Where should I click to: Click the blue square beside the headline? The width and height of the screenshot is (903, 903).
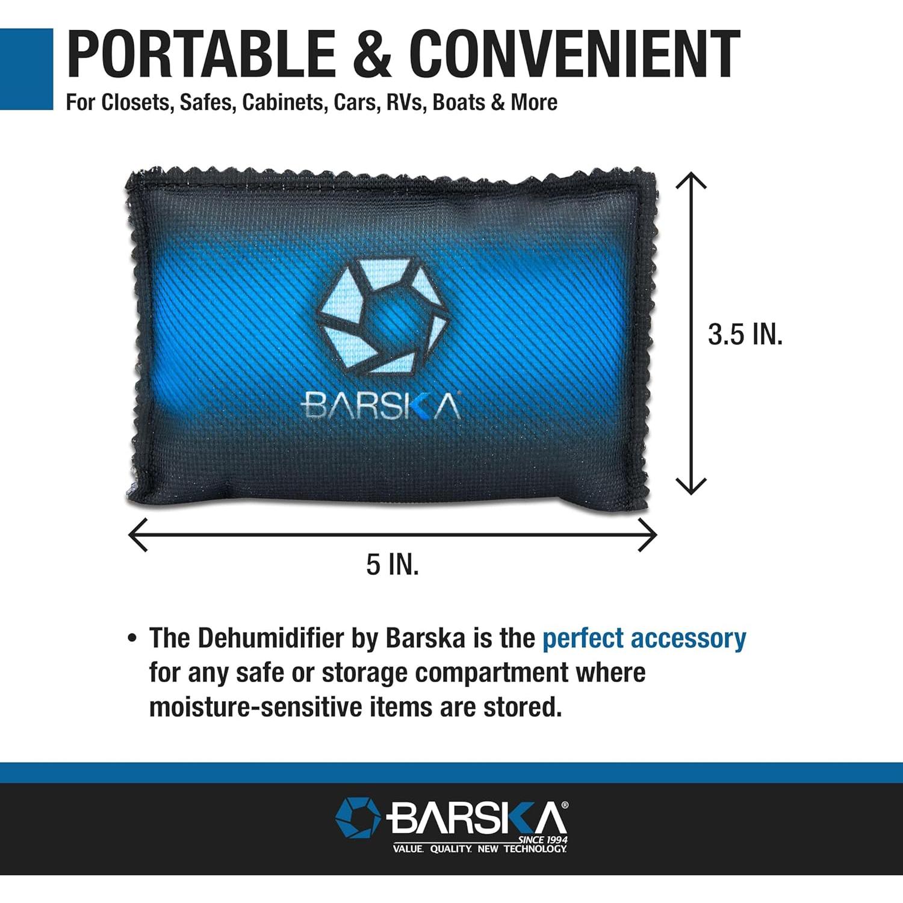[x=26, y=69]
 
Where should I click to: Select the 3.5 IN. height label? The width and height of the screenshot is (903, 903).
[x=745, y=334]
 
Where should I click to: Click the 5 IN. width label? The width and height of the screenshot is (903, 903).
[x=393, y=565]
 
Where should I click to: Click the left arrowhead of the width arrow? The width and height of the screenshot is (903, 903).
[x=137, y=534]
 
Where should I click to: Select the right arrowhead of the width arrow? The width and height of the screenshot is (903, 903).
[x=648, y=534]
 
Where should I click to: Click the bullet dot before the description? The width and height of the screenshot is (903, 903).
[x=132, y=638]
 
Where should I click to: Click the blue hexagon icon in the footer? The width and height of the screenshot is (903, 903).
[x=358, y=818]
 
